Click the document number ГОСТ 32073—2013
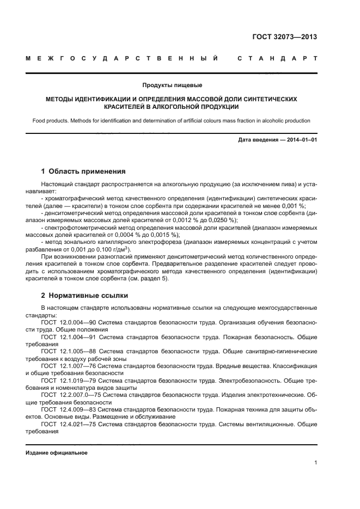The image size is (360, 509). [285, 37]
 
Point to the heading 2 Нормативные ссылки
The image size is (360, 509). [84, 296]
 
